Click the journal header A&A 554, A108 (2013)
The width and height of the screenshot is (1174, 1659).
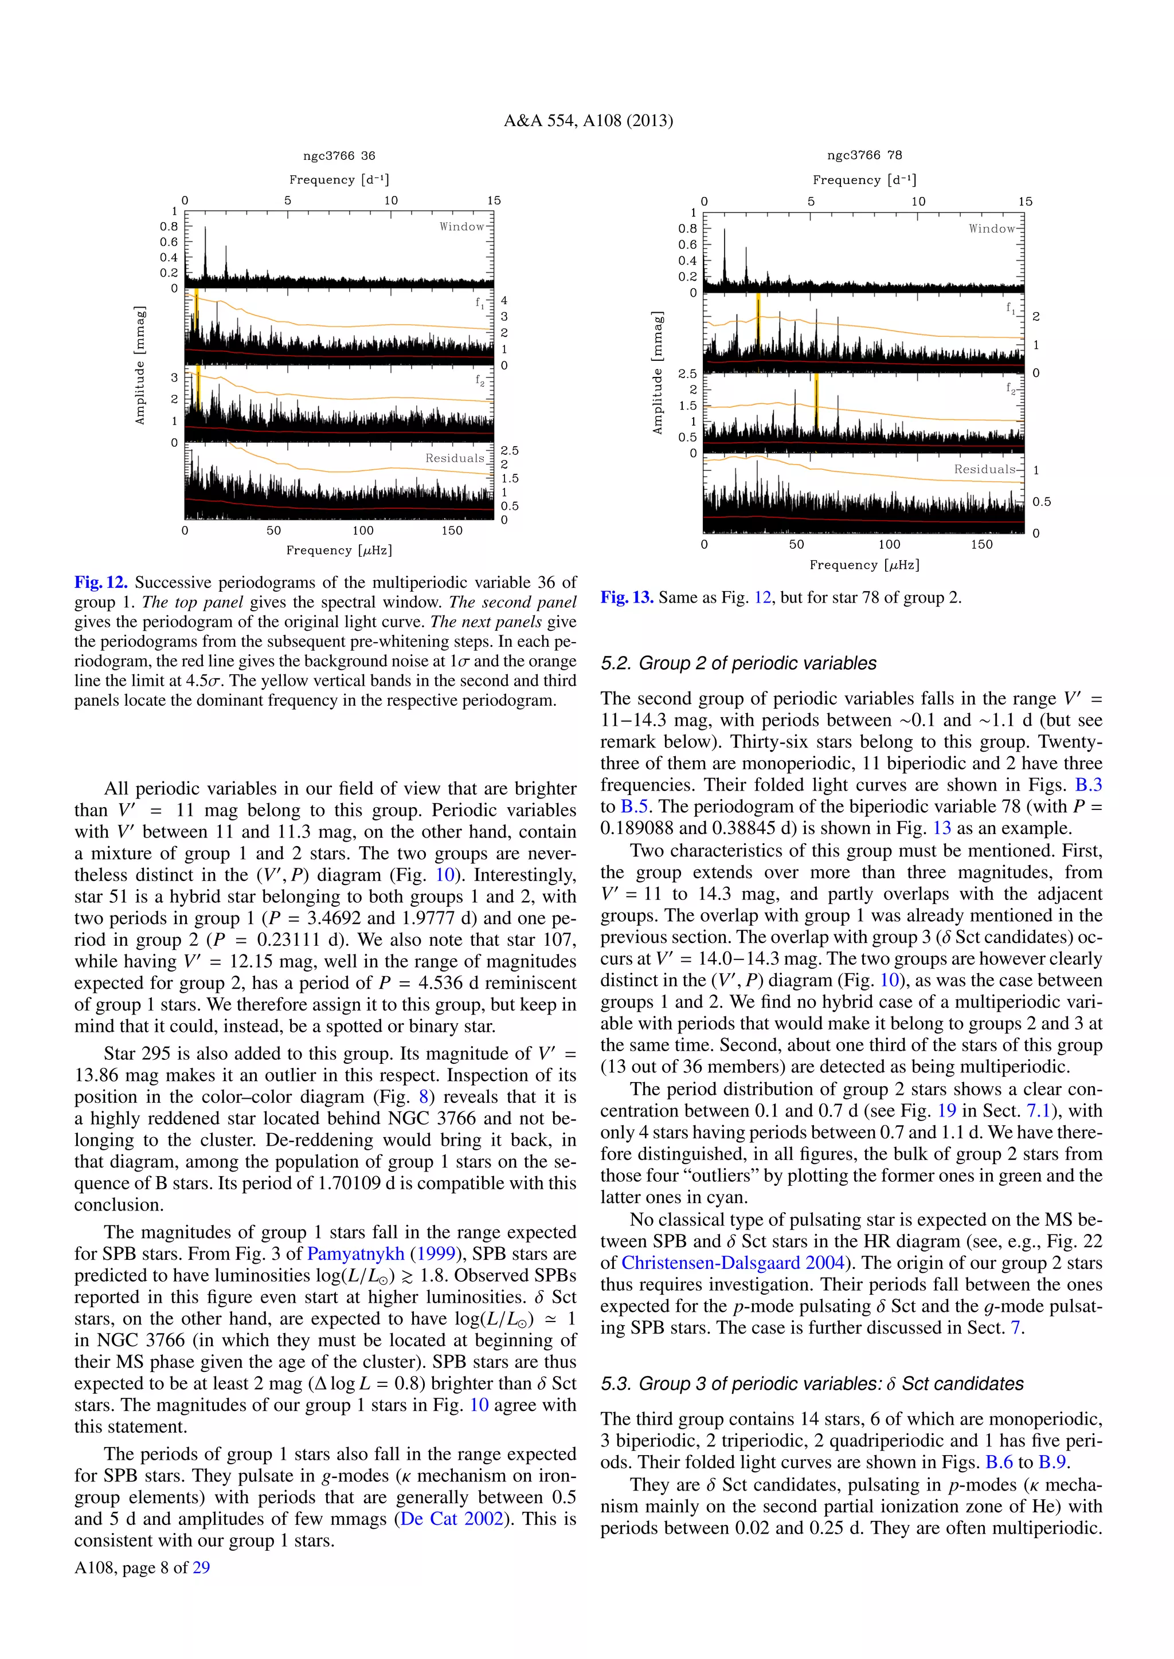pos(588,121)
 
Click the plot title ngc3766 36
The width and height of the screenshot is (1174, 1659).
pos(339,155)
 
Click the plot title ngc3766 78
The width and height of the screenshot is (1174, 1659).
pos(864,155)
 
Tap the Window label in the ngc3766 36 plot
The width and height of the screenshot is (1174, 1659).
pos(462,227)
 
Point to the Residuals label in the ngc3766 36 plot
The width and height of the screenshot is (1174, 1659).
pos(455,458)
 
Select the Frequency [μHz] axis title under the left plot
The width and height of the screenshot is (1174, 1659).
pos(339,551)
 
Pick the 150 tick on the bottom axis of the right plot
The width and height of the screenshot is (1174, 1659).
pos(981,544)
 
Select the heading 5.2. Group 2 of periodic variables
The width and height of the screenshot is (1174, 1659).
pos(738,663)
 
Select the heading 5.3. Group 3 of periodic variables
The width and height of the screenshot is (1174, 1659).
pos(812,1383)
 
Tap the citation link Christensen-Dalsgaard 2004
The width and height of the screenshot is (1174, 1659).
pos(733,1263)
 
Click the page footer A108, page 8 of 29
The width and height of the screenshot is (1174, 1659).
pos(142,1567)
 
